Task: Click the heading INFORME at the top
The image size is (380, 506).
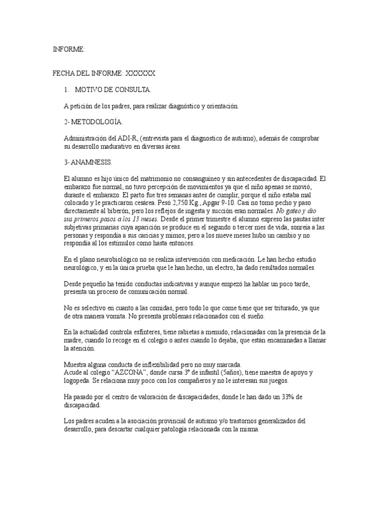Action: coord(69,49)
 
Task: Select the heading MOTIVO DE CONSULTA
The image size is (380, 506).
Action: coord(113,89)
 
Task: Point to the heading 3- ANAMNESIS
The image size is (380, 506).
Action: coord(89,162)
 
